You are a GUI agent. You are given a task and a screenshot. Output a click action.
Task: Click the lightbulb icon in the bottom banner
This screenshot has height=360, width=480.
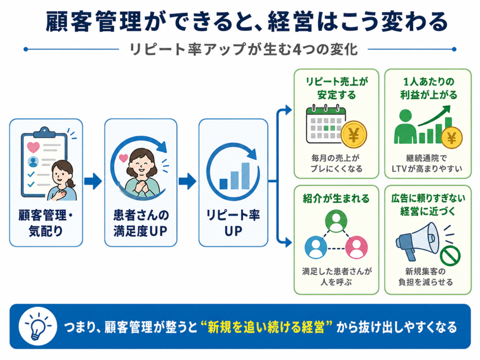pyautogui.click(x=37, y=326)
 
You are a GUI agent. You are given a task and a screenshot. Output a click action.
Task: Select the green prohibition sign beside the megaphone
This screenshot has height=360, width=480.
pyautogui.click(x=450, y=256)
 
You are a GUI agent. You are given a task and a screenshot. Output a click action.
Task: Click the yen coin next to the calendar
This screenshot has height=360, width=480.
pyautogui.click(x=354, y=135)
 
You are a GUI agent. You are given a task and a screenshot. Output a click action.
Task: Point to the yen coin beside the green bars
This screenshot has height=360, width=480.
pyautogui.click(x=451, y=138)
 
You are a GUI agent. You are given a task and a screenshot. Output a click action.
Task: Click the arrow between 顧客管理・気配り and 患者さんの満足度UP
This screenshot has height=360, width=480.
pyautogui.click(x=93, y=181)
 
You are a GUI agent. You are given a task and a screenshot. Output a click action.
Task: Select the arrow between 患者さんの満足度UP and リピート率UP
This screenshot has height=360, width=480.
pyautogui.click(x=187, y=181)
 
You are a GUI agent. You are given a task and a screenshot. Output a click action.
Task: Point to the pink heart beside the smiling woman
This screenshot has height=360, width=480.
pyautogui.click(x=123, y=158)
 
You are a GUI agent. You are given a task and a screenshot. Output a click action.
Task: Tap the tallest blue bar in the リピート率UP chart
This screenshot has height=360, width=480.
pyautogui.click(x=246, y=176)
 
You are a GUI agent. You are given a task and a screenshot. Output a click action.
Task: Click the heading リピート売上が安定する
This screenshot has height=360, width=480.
pyautogui.click(x=337, y=89)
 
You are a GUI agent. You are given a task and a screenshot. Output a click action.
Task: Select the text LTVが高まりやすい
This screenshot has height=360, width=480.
pyautogui.click(x=427, y=169)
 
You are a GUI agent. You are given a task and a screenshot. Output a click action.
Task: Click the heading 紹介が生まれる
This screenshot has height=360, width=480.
pyautogui.click(x=336, y=199)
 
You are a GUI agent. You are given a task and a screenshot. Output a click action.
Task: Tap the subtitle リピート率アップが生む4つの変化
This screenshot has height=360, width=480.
pyautogui.click(x=243, y=49)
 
